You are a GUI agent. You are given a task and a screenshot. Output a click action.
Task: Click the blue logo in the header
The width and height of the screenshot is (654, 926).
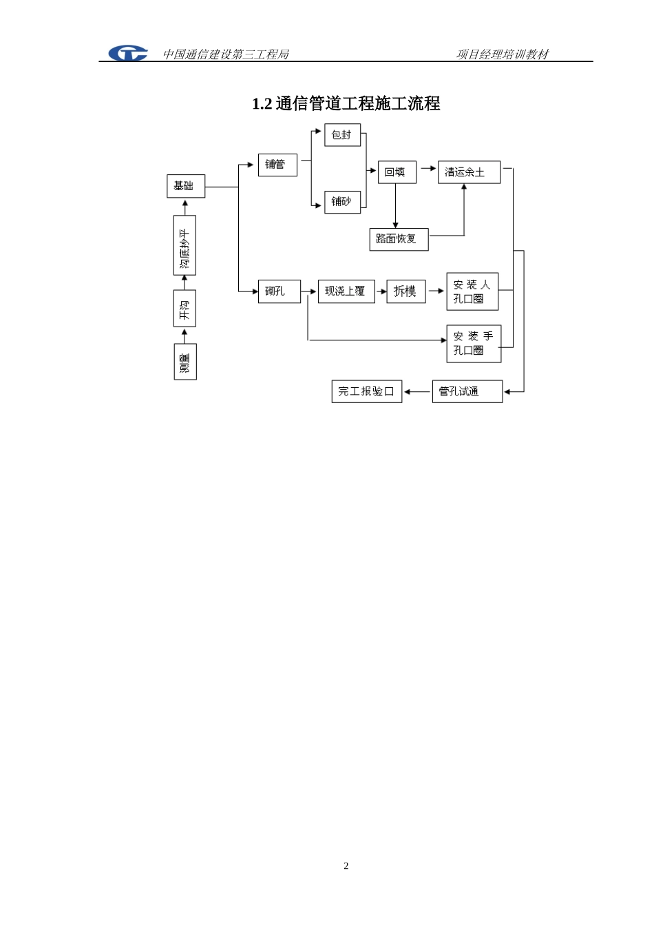tap(127, 53)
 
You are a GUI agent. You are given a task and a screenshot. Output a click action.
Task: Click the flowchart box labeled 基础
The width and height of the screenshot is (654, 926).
tap(186, 186)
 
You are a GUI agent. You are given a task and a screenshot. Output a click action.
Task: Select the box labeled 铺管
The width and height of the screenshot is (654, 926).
tap(277, 165)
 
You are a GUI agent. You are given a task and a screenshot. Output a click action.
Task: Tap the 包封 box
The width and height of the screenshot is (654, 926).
tap(343, 135)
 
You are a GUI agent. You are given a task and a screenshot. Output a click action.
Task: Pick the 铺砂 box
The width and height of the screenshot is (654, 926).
tap(343, 202)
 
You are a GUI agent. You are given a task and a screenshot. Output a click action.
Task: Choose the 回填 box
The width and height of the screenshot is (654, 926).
tap(397, 172)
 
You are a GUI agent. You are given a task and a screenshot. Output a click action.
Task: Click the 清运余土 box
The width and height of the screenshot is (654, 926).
tap(469, 172)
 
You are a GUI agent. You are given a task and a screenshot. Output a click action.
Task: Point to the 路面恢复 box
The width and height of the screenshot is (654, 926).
tap(399, 239)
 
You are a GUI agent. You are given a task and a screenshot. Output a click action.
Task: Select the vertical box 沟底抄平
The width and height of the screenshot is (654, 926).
tap(184, 245)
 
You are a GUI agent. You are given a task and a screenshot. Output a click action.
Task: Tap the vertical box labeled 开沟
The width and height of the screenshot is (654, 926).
tap(184, 309)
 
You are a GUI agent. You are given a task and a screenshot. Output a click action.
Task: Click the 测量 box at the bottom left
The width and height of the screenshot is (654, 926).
tap(185, 362)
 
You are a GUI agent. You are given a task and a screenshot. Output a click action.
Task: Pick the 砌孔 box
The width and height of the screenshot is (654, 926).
tap(279, 291)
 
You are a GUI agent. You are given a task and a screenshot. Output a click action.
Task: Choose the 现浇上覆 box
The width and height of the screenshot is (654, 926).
tap(346, 291)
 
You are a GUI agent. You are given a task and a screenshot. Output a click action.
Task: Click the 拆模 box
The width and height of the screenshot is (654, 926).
tap(406, 291)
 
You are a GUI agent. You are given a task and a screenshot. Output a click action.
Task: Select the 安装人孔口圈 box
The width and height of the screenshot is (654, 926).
tap(472, 291)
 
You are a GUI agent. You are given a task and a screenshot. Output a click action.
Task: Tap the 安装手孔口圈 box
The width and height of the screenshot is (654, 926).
tap(474, 344)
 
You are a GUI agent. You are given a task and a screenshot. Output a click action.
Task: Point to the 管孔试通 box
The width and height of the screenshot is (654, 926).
tap(467, 391)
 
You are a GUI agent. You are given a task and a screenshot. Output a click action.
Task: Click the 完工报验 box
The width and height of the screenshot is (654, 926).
tap(367, 391)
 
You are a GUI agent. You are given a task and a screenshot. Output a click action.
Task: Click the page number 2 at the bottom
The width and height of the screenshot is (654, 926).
tap(346, 865)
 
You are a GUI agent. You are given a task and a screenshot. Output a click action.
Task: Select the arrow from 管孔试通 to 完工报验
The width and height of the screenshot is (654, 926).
tap(417, 392)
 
